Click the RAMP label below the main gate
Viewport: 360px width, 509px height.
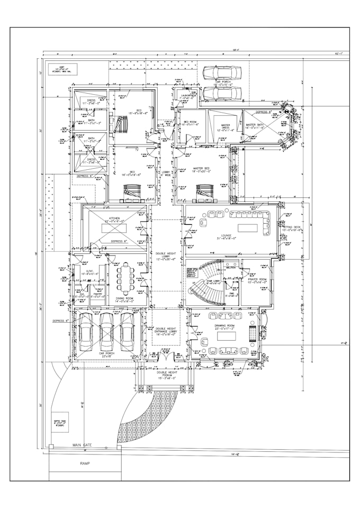tap(84, 463)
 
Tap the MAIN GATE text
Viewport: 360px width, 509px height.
tap(82, 445)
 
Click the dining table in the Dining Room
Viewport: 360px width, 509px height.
tap(126, 279)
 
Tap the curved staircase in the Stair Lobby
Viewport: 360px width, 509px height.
tap(204, 280)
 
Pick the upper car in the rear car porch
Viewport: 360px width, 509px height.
tap(222, 72)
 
